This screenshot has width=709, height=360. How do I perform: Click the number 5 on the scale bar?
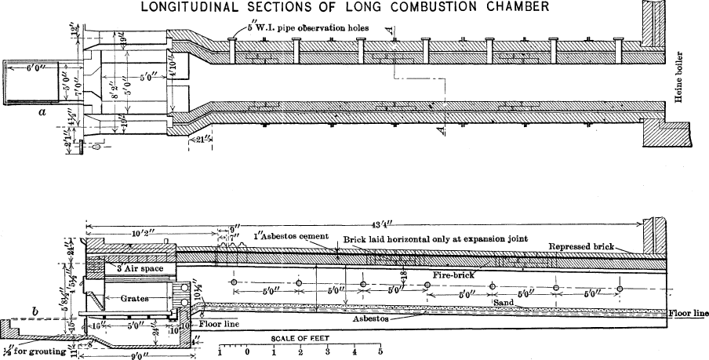(381, 352)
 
